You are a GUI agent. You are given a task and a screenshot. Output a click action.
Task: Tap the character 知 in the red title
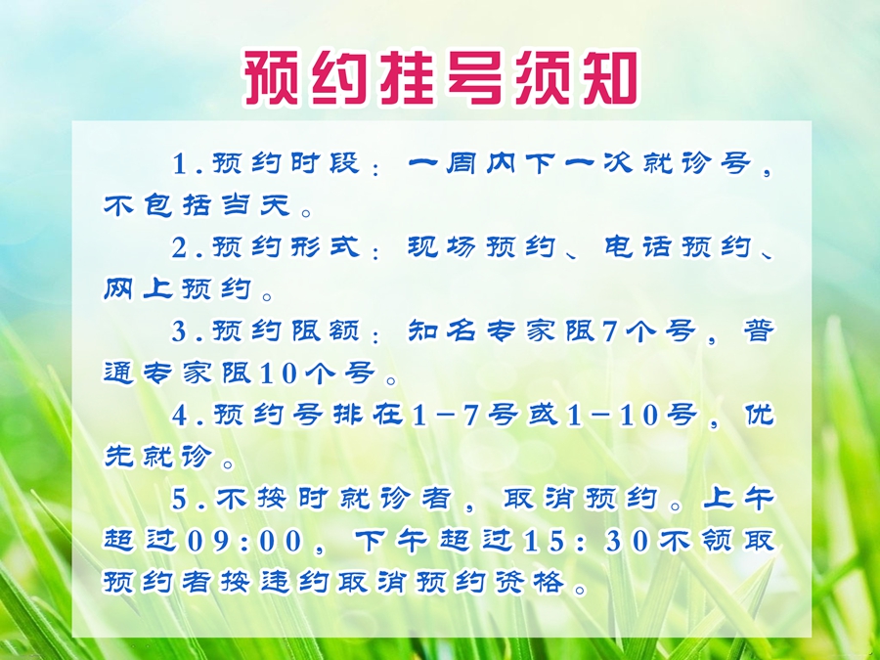coord(610,78)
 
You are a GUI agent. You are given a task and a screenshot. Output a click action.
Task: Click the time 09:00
coord(245,541)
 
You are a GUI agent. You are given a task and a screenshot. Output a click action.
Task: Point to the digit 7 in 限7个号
coord(609,331)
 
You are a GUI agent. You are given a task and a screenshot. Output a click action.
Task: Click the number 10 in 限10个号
coord(279,374)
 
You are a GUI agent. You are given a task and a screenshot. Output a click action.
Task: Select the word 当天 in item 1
coord(256,205)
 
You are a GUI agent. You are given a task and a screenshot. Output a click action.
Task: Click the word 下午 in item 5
coord(391,541)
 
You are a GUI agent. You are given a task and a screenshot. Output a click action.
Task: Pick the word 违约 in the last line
coord(294,583)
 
